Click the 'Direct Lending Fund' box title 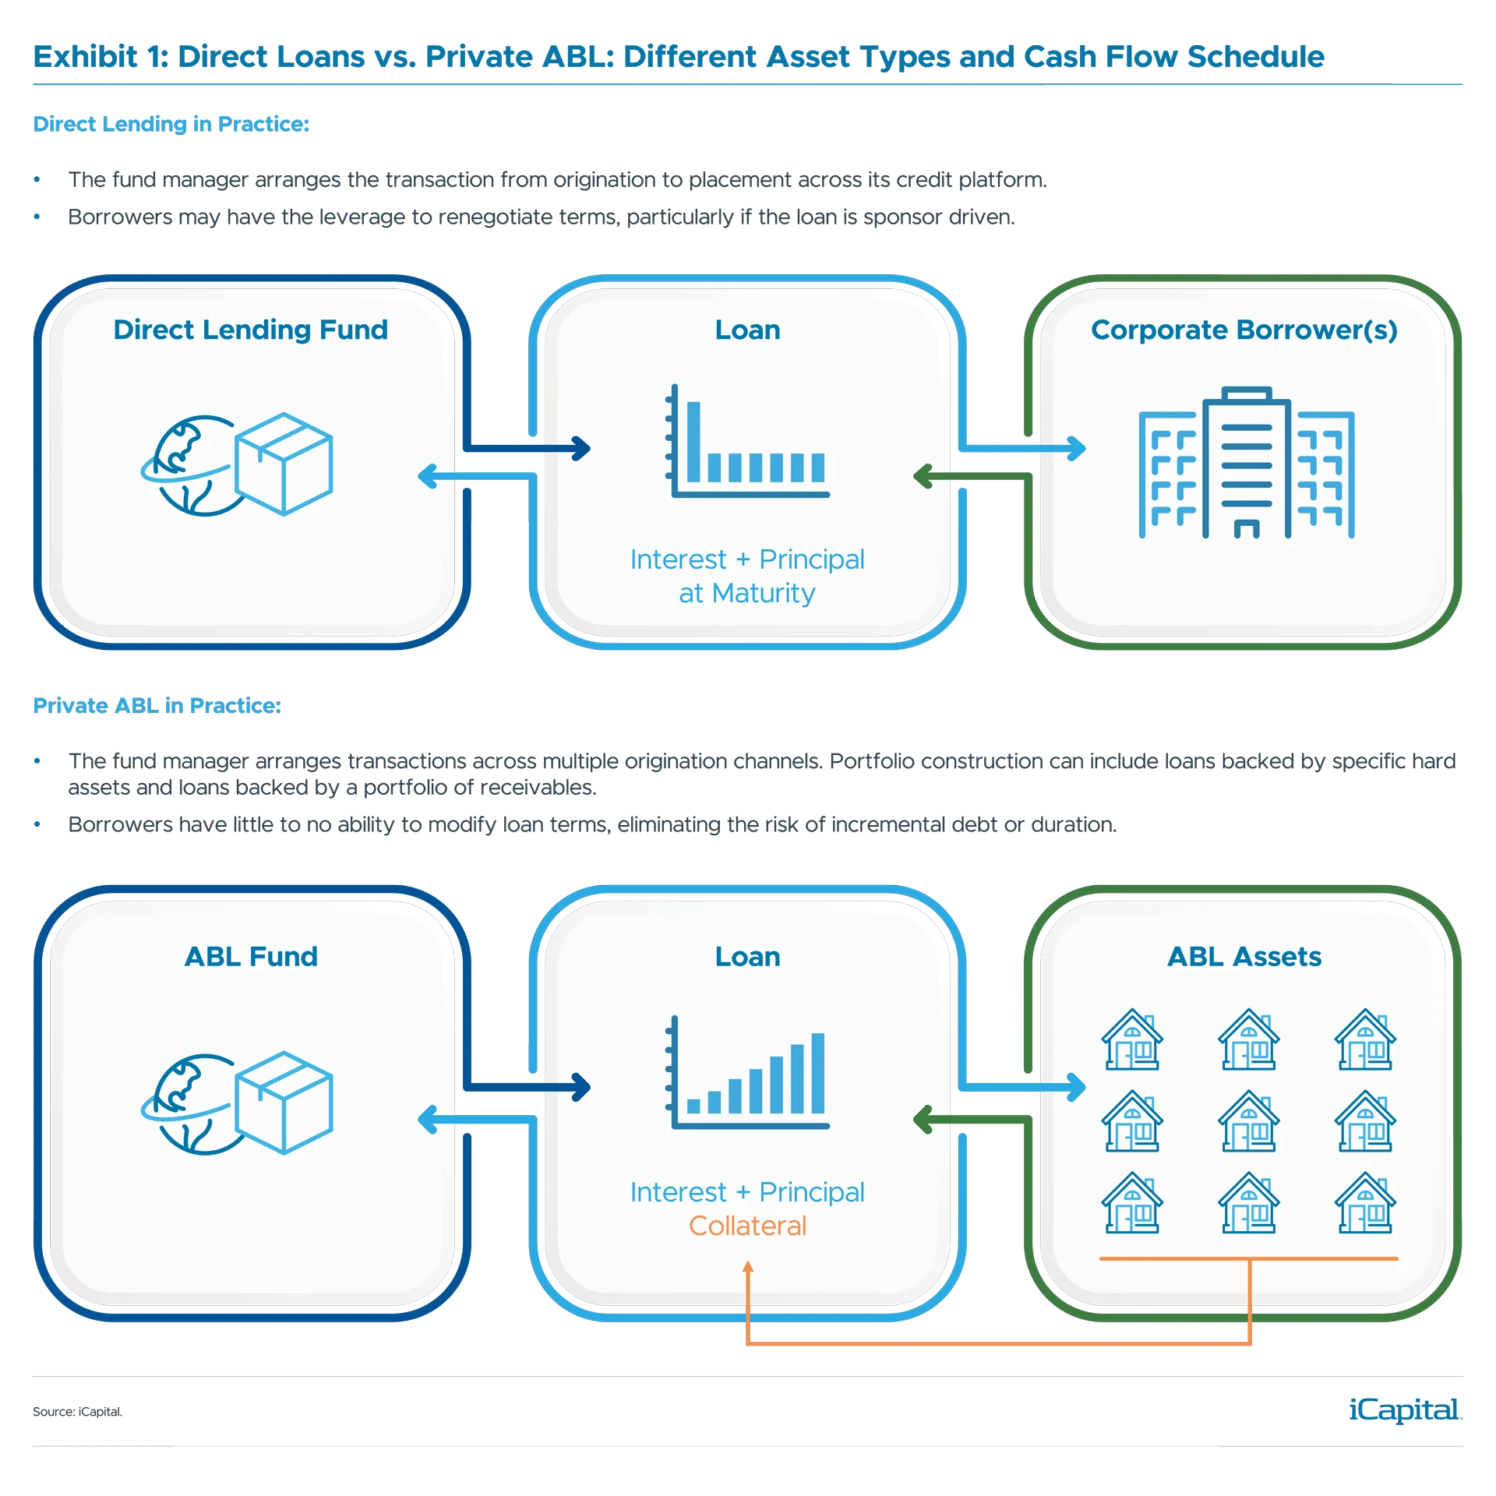(x=250, y=330)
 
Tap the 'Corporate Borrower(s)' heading (x=1244, y=330)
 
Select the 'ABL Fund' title (x=251, y=957)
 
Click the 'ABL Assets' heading (x=1244, y=957)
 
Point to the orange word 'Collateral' (x=747, y=1226)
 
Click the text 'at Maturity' (x=746, y=594)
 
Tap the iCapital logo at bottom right (x=1402, y=1410)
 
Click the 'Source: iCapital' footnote (x=77, y=1411)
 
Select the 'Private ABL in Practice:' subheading (x=156, y=706)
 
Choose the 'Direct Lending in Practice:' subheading (x=171, y=125)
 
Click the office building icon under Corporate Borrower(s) (x=1246, y=463)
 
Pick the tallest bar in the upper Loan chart (x=693, y=442)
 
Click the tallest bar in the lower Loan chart (x=818, y=1073)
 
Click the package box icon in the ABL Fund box (x=284, y=1103)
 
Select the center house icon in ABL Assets (x=1248, y=1121)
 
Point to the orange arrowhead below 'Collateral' (x=748, y=1267)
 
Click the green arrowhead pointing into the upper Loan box (x=922, y=476)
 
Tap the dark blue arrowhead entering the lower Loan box (x=581, y=1087)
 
